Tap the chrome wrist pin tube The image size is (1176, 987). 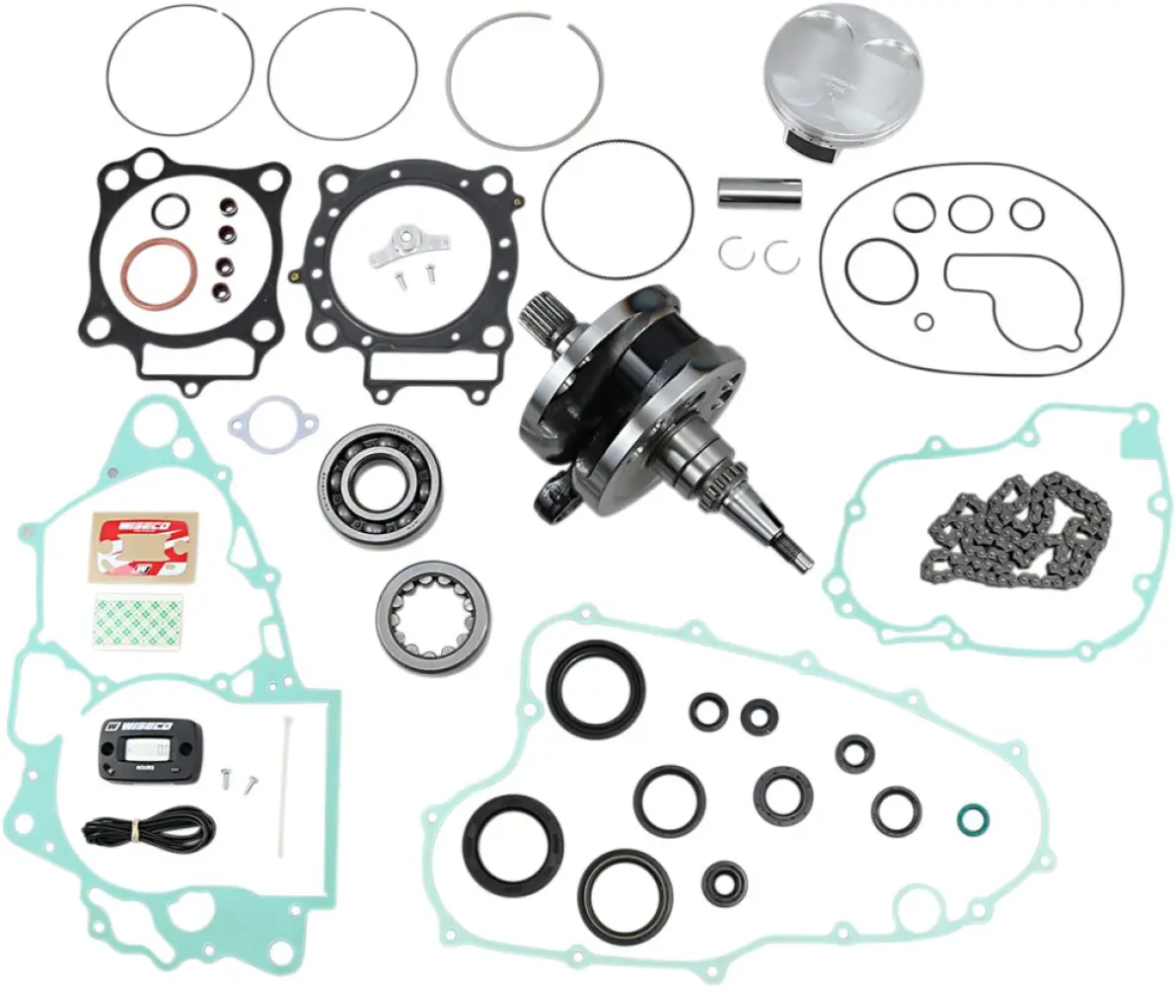tap(759, 190)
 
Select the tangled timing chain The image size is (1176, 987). tap(1016, 533)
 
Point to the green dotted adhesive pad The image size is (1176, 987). tap(136, 623)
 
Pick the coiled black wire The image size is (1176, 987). tap(148, 826)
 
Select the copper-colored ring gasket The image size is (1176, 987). tap(158, 272)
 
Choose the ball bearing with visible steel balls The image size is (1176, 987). tap(380, 486)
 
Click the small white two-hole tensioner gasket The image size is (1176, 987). tap(273, 424)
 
